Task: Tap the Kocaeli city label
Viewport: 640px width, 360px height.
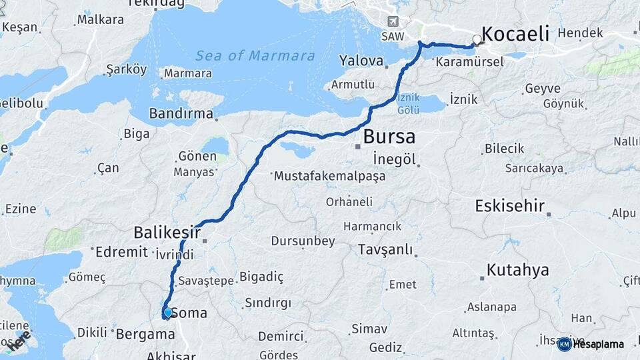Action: coord(515,34)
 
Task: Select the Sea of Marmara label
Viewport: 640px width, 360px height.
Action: coord(255,55)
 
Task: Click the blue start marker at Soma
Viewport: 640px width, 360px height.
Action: coord(167,312)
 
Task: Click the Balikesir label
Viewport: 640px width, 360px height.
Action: coord(167,233)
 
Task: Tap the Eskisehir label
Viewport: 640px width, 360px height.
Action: coord(510,206)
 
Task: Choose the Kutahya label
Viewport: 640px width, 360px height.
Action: coord(517,270)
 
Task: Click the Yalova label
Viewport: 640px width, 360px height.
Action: coord(361,61)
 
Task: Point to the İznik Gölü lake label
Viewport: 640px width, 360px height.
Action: coord(409,103)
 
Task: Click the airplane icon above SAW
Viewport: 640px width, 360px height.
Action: coord(393,22)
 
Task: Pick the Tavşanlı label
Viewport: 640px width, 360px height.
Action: coord(385,250)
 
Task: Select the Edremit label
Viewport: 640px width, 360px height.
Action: coord(121,252)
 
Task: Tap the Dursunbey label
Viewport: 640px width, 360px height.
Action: coord(303,241)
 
